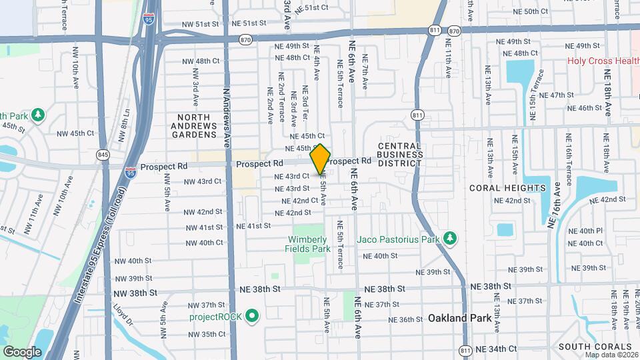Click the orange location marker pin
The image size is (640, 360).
tap(321, 159)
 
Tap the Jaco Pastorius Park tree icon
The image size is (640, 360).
tap(451, 238)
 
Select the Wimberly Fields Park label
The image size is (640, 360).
tap(309, 244)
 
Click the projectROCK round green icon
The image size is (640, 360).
tap(252, 315)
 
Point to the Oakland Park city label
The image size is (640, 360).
tap(460, 318)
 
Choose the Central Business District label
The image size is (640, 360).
tap(400, 155)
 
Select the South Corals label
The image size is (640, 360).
tap(595, 347)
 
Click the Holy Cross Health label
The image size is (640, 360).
tap(603, 61)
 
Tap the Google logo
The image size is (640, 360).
tap(22, 351)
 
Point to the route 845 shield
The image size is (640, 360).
tap(103, 155)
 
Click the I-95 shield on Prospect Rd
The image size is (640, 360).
tap(131, 171)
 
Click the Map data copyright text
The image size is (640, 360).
tap(612, 354)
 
